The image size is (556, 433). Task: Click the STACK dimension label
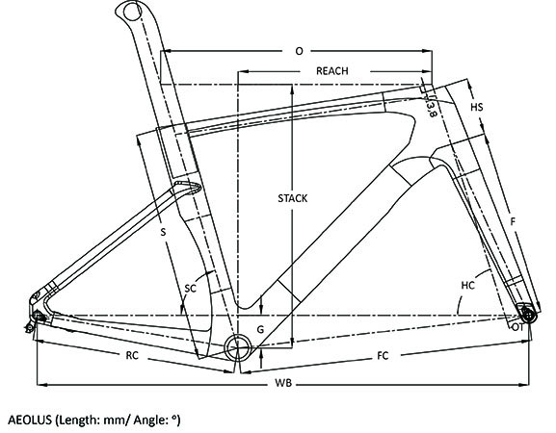(293, 198)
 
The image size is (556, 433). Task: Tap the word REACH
(332, 71)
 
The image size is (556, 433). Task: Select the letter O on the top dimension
(300, 51)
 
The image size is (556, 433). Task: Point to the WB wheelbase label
(283, 383)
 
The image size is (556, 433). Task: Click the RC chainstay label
(132, 355)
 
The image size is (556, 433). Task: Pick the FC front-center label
(383, 355)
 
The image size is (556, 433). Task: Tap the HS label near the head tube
(477, 107)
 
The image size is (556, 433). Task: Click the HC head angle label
(467, 286)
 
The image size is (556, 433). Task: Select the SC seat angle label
(191, 289)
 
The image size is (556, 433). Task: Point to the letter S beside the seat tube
(163, 232)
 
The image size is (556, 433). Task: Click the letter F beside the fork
(512, 222)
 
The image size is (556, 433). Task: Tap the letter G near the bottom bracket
(260, 330)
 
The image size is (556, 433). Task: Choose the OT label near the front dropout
(517, 328)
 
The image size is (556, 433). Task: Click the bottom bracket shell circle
(238, 346)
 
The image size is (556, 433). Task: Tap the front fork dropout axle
(528, 314)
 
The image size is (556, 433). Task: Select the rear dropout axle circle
(37, 315)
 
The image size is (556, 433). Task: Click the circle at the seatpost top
(131, 13)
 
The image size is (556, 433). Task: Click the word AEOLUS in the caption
(30, 420)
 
